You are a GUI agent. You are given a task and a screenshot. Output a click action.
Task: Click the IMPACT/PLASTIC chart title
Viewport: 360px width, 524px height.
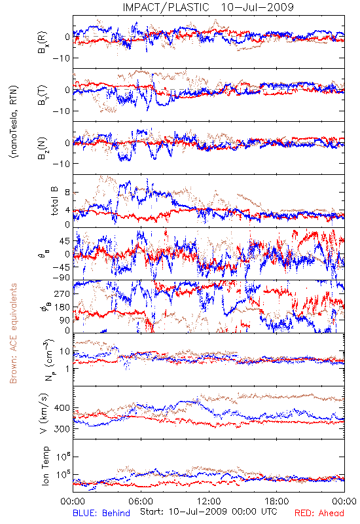[x=166, y=7]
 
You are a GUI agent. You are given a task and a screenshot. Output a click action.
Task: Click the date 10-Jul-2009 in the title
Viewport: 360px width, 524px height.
[x=257, y=7]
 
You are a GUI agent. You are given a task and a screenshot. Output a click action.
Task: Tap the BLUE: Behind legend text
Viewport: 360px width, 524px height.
[x=101, y=513]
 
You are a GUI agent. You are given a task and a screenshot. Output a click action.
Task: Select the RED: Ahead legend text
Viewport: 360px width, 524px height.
[x=319, y=513]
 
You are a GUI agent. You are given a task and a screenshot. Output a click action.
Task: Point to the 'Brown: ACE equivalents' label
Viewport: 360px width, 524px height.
[x=13, y=333]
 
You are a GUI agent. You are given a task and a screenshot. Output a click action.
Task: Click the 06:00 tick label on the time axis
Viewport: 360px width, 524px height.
[x=141, y=501]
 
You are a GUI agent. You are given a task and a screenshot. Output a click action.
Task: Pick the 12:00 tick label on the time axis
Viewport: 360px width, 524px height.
[x=209, y=501]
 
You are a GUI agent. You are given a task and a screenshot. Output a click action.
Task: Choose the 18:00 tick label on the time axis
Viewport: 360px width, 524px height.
[x=277, y=501]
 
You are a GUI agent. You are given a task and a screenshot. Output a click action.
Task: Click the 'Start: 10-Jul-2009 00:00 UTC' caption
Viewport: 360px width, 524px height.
[x=209, y=512]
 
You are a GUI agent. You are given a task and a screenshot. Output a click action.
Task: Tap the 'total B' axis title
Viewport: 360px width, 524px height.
[x=54, y=201]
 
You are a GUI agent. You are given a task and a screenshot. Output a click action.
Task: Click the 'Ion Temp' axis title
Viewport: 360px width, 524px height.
[x=45, y=466]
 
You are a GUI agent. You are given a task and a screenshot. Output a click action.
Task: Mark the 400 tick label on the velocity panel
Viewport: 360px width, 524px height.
[x=62, y=407]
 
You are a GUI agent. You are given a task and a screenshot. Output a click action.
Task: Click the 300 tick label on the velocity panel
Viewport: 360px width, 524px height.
[x=62, y=429]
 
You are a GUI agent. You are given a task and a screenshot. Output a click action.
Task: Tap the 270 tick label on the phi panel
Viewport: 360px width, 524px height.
[x=62, y=293]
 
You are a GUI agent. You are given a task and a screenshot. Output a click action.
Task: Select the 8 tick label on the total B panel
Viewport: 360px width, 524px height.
[x=67, y=193]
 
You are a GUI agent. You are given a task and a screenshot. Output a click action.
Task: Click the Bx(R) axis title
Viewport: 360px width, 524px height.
[x=43, y=43]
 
